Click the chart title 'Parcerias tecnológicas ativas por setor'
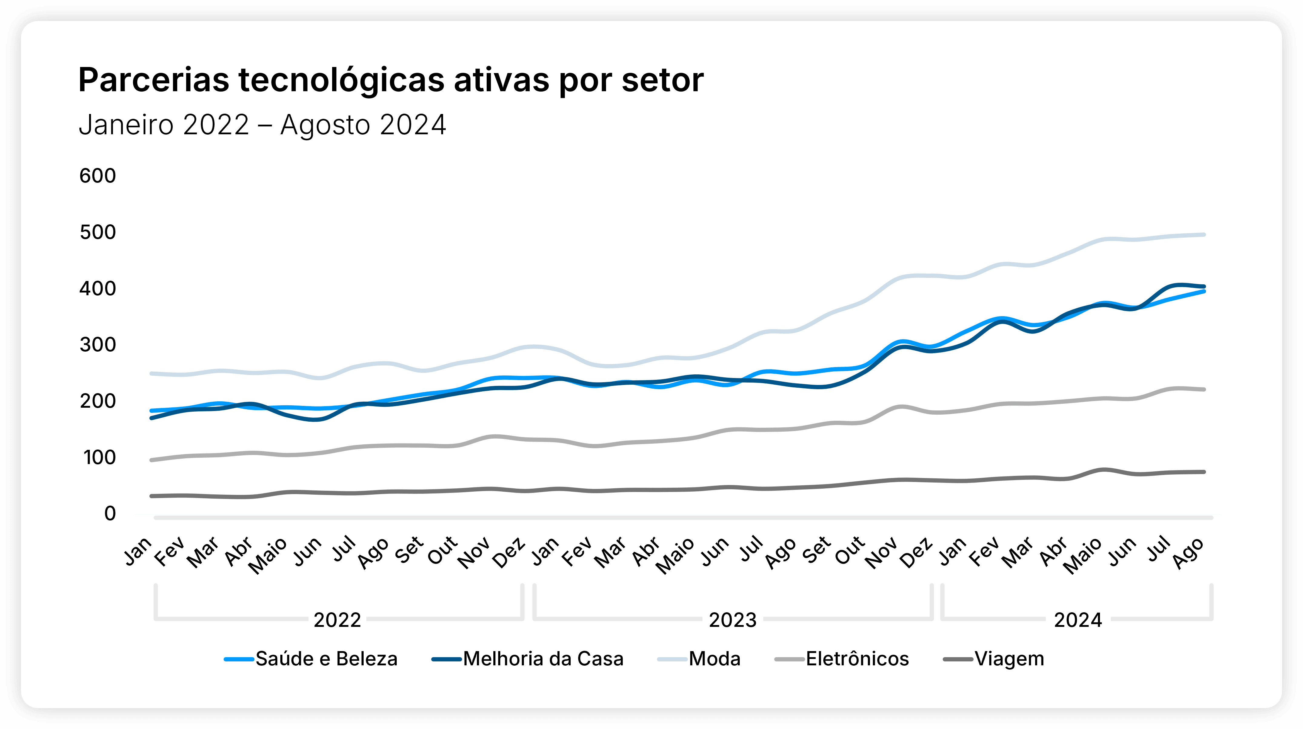[x=391, y=80]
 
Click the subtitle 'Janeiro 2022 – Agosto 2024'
[x=262, y=125]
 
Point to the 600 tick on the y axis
[x=98, y=176]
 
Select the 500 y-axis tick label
[x=98, y=232]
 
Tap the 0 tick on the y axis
[x=110, y=513]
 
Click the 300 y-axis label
[x=98, y=345]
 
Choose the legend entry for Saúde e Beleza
[x=326, y=659]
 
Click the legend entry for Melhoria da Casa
[x=543, y=659]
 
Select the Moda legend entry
[x=714, y=659]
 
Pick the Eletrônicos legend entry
[x=857, y=659]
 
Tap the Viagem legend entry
[x=1009, y=659]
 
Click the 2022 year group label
[x=337, y=620]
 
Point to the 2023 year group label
[x=732, y=620]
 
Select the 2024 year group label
[x=1078, y=620]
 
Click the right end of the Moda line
[x=1204, y=235]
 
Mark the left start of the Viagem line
[x=152, y=496]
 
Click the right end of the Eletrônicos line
[x=1204, y=390]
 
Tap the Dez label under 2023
[x=917, y=553]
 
